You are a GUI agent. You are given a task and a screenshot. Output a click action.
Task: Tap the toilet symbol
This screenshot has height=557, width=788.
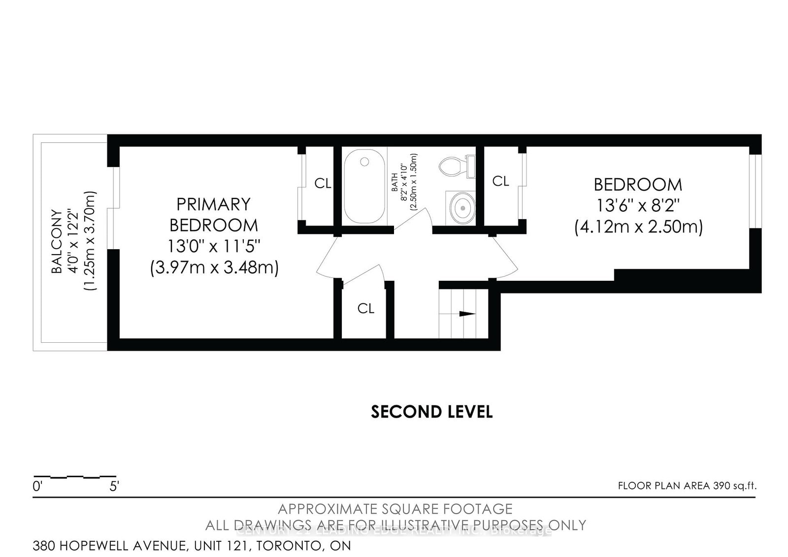pyautogui.click(x=452, y=167)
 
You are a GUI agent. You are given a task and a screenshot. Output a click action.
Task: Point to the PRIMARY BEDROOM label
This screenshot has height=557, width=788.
pyautogui.click(x=213, y=214)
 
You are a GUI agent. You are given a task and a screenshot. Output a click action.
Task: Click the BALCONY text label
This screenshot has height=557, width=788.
pyautogui.click(x=58, y=241)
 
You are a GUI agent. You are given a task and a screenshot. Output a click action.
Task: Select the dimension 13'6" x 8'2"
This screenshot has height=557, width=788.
pyautogui.click(x=638, y=205)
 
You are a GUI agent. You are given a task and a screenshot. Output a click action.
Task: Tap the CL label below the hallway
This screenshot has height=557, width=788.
pyautogui.click(x=365, y=308)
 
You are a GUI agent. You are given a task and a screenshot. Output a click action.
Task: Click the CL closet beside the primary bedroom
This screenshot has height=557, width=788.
pyautogui.click(x=323, y=184)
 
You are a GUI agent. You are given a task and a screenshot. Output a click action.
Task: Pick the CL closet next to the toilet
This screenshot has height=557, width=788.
pyautogui.click(x=500, y=181)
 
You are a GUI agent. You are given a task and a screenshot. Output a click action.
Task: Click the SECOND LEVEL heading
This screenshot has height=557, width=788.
pyautogui.click(x=431, y=412)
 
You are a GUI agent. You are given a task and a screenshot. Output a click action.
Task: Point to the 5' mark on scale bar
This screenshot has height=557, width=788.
pyautogui.click(x=114, y=487)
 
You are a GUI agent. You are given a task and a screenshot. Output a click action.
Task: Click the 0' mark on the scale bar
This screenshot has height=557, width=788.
pyautogui.click(x=38, y=487)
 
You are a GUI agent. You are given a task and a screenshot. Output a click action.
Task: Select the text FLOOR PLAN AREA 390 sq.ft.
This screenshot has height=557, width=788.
pyautogui.click(x=687, y=486)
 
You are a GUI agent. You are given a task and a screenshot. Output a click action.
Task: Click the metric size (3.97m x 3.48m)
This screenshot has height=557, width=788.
pyautogui.click(x=214, y=268)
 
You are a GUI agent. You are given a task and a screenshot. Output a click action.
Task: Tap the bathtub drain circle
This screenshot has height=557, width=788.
pyautogui.click(x=364, y=162)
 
